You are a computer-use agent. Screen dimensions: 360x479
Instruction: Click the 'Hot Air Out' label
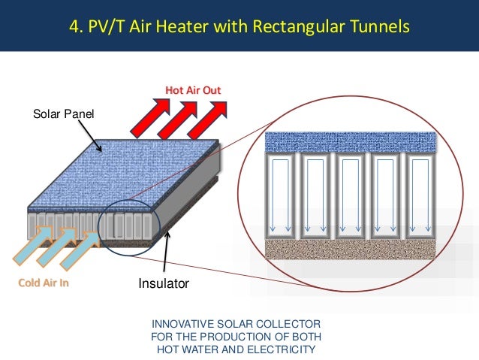point(193,91)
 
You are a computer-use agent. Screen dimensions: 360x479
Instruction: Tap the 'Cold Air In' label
point(44,283)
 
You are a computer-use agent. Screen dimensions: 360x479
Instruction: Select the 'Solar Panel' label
point(60,114)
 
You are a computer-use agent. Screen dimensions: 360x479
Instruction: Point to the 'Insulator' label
point(163,284)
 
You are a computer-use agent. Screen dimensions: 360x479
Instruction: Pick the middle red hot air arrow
point(177,123)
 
